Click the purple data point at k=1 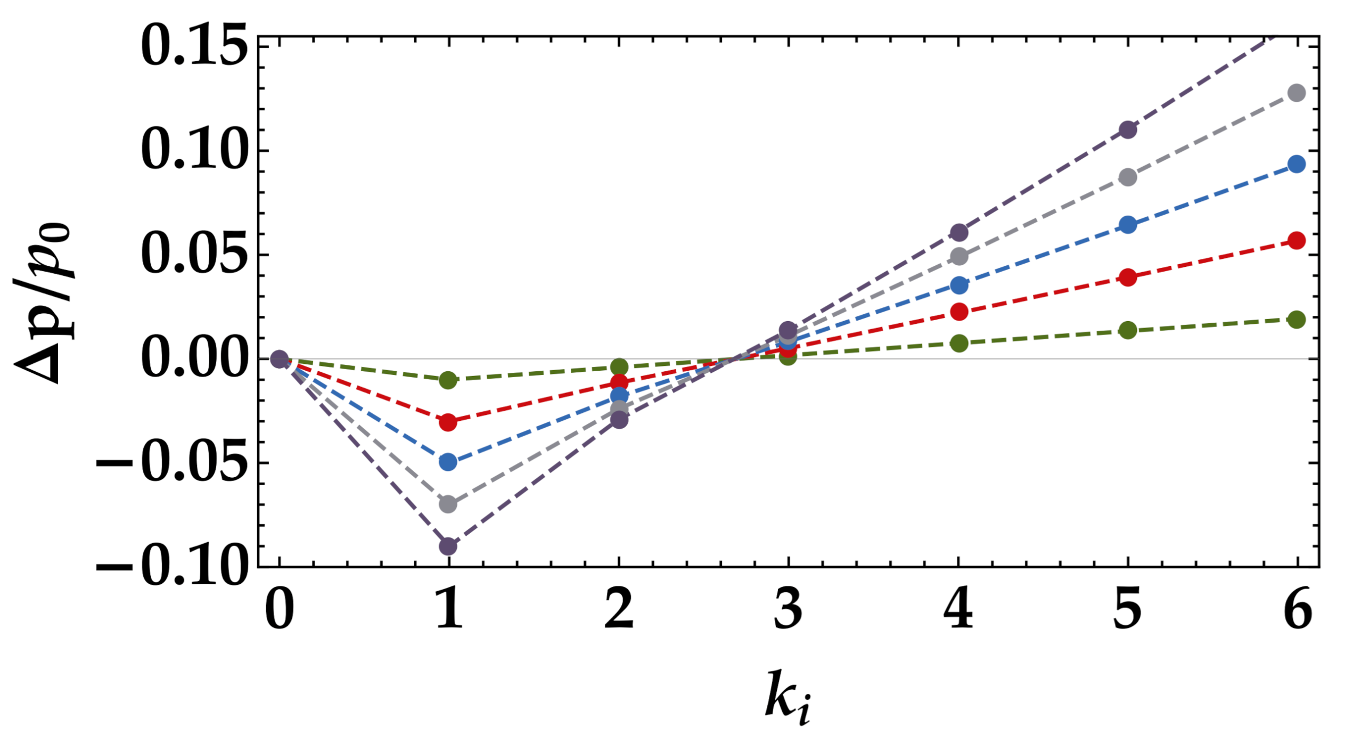pos(448,546)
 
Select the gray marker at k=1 pos(448,503)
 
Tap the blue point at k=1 pos(448,461)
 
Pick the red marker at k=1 pos(448,422)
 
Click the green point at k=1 pos(448,380)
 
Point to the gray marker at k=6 pos(1297,93)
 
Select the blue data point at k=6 pos(1297,164)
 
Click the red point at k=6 pos(1297,241)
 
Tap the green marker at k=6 pos(1297,320)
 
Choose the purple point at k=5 pos(1128,129)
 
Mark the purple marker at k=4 pos(959,232)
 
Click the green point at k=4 pos(959,343)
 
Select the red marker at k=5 pos(1128,277)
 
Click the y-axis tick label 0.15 pos(195,47)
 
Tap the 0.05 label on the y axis pos(195,255)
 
